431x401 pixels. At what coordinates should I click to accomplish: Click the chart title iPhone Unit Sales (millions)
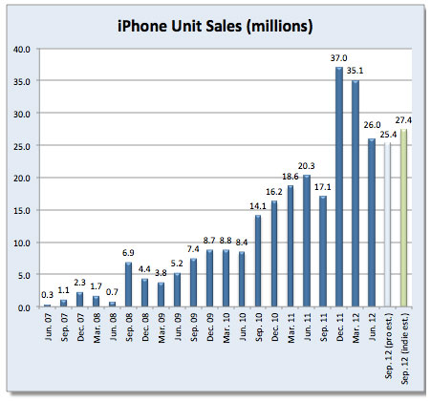click(x=215, y=23)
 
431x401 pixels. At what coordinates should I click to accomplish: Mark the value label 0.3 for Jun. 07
click(x=47, y=297)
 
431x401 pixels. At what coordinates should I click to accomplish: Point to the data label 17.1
click(x=323, y=188)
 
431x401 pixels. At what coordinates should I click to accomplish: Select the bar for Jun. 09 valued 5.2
click(x=177, y=290)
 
